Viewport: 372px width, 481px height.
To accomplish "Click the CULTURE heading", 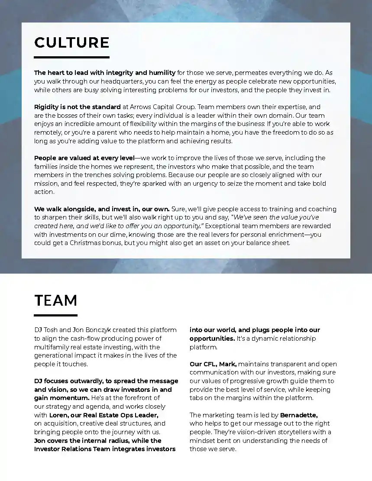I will point(71,42).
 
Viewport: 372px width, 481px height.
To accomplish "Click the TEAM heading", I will point(56,300).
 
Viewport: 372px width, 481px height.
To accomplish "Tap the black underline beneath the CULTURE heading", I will point(71,57).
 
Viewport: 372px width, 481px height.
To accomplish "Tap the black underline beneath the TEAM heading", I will point(56,315).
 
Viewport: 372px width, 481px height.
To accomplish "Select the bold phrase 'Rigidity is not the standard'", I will point(78,107).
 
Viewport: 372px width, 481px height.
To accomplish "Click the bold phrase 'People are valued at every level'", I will point(84,158).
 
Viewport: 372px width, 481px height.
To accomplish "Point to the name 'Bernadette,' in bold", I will point(299,415).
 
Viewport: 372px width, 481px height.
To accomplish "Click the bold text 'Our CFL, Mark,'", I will point(213,364).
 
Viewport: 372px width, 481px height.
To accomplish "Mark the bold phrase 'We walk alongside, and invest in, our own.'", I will point(102,209).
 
